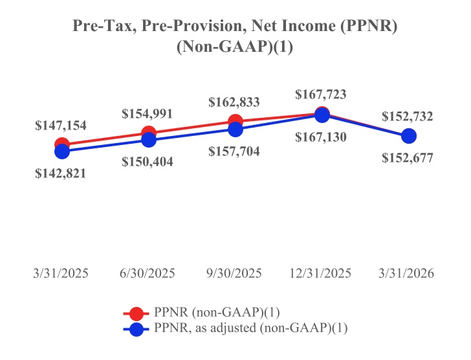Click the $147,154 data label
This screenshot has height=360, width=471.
pyautogui.click(x=61, y=126)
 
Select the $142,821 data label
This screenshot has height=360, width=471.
pyautogui.click(x=61, y=173)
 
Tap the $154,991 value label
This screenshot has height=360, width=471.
pyautogui.click(x=148, y=113)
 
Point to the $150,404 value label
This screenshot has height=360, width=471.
pyautogui.click(x=148, y=162)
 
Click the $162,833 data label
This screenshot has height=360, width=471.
pyautogui.click(x=234, y=102)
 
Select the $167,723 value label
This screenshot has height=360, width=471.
pyautogui.click(x=321, y=94)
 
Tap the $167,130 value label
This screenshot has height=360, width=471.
pyautogui.click(x=321, y=137)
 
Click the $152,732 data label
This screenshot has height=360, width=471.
pyautogui.click(x=408, y=117)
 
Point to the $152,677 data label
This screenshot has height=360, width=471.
pyautogui.click(x=408, y=157)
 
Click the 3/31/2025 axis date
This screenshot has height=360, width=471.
pyautogui.click(x=61, y=273)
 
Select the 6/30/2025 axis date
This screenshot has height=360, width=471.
pyautogui.click(x=148, y=273)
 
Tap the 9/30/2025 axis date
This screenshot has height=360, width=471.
pyautogui.click(x=235, y=273)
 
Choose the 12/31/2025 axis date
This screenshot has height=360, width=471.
pyautogui.click(x=322, y=273)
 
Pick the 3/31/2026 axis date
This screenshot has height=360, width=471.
pyautogui.click(x=408, y=273)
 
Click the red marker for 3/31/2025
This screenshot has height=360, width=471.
pyautogui.click(x=62, y=144)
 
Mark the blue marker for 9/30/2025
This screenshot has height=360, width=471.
pyautogui.click(x=235, y=129)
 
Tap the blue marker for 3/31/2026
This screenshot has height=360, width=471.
pyautogui.click(x=408, y=136)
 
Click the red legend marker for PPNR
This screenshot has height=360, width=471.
pyautogui.click(x=137, y=313)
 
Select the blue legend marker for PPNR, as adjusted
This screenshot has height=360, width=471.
pyautogui.click(x=137, y=329)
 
